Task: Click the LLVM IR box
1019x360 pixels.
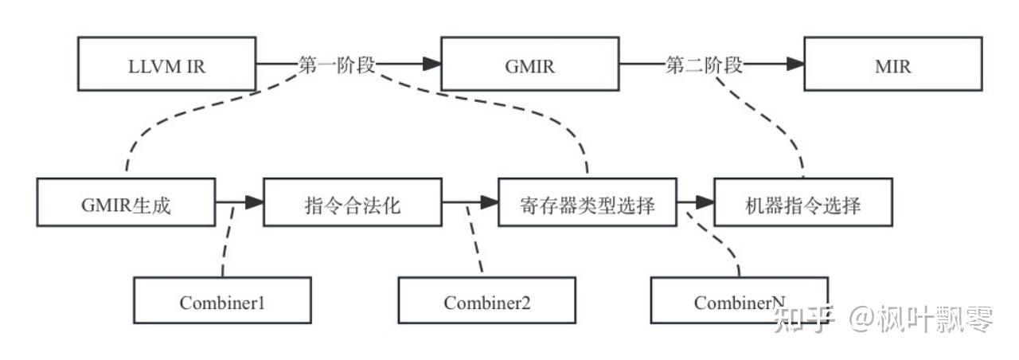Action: pos(167,64)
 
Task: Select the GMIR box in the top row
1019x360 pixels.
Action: pos(530,64)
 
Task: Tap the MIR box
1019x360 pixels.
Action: pos(893,64)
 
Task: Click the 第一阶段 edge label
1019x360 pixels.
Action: pos(337,65)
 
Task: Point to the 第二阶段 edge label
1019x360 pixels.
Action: pos(705,65)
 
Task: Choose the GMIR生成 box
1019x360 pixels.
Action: pos(126,202)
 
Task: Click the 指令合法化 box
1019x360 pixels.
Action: pos(353,202)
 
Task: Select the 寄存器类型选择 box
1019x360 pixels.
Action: pos(588,202)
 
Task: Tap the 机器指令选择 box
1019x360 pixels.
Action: pos(803,202)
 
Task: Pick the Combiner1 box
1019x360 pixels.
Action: pos(222,300)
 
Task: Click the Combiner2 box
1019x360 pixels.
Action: pos(486,300)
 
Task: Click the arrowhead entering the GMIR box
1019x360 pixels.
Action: pos(431,64)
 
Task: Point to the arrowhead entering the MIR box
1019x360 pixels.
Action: pos(795,64)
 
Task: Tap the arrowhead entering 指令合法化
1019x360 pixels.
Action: pos(254,202)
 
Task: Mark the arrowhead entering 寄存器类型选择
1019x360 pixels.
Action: pos(490,202)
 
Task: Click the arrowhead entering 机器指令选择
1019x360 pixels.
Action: pos(705,202)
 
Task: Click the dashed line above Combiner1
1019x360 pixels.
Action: pos(227,241)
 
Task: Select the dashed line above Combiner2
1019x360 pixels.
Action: pos(474,241)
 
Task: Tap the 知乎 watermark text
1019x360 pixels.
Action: pos(804,319)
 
